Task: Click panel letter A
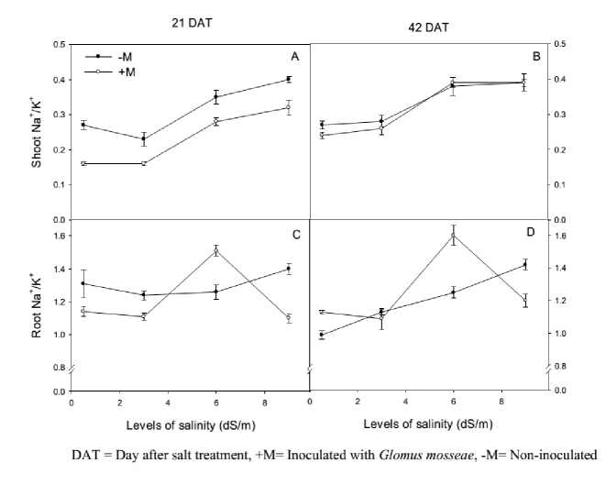(x=295, y=57)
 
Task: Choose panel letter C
(x=295, y=236)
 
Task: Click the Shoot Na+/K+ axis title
(x=38, y=138)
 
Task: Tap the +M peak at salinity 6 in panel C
(x=216, y=249)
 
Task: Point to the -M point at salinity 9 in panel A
(x=288, y=79)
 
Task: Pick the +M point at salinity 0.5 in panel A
(x=83, y=163)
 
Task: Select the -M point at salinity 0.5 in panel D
(x=322, y=335)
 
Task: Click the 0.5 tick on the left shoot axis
(x=61, y=44)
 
